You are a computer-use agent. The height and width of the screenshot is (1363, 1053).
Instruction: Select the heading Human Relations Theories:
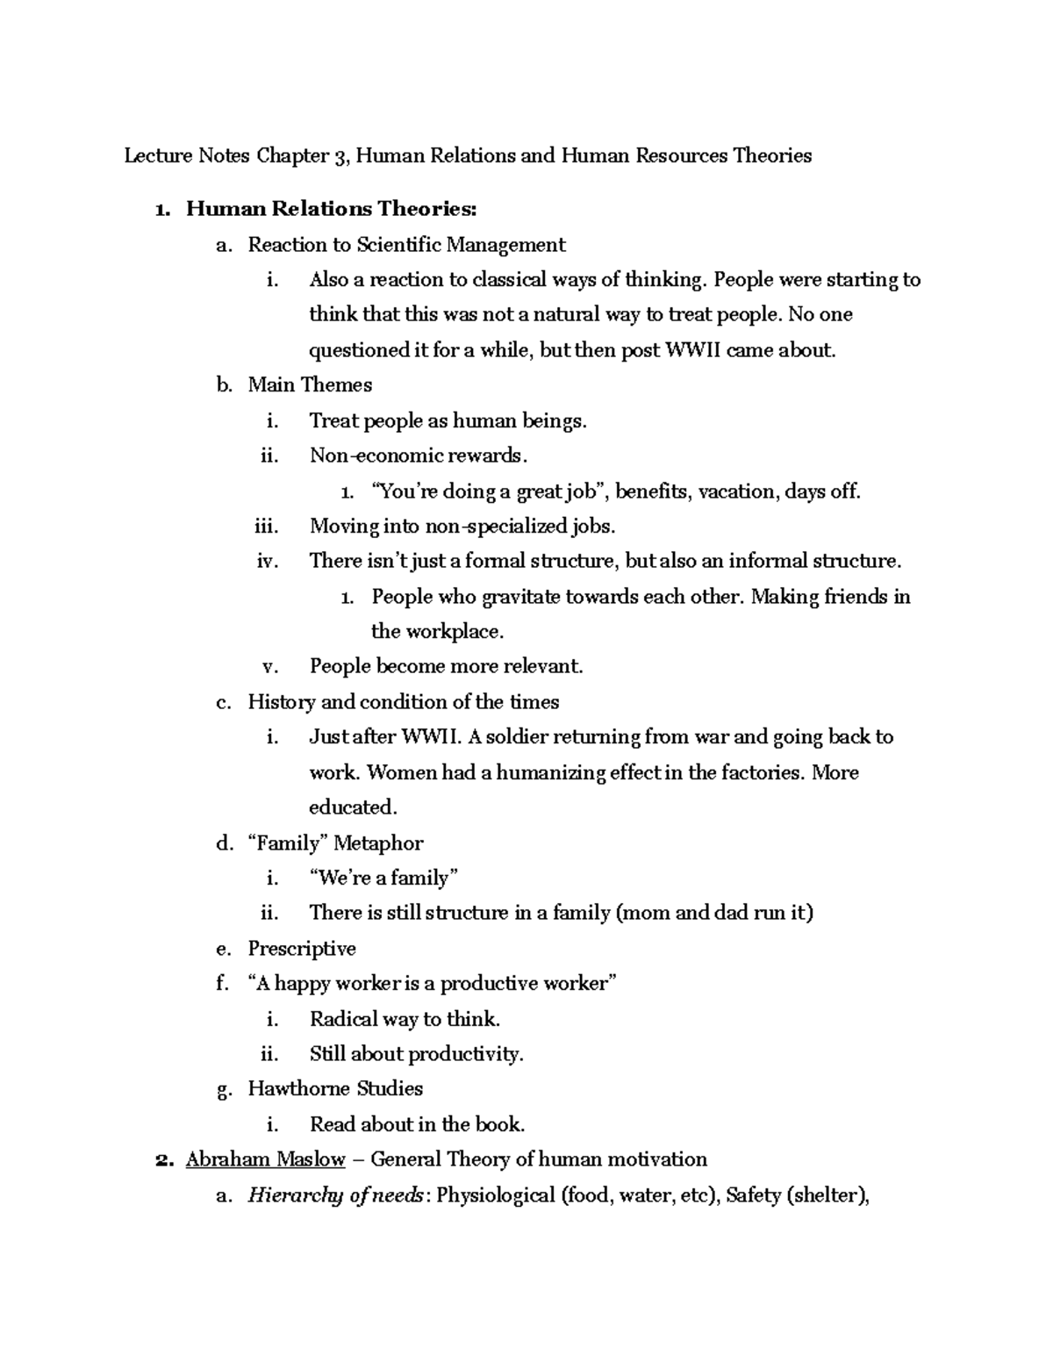click(x=332, y=209)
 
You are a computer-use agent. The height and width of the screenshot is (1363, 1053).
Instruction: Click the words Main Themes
click(x=310, y=385)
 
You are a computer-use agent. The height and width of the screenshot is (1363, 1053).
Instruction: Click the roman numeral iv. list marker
click(x=268, y=562)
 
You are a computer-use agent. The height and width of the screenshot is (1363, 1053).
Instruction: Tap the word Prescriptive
click(x=302, y=949)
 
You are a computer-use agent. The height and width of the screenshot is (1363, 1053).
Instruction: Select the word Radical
click(x=343, y=1020)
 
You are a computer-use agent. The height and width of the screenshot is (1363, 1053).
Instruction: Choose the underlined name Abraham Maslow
click(x=265, y=1160)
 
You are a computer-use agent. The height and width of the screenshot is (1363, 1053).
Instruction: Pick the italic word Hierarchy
click(x=295, y=1195)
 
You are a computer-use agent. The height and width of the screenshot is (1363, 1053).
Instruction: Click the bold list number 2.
click(x=161, y=1160)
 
